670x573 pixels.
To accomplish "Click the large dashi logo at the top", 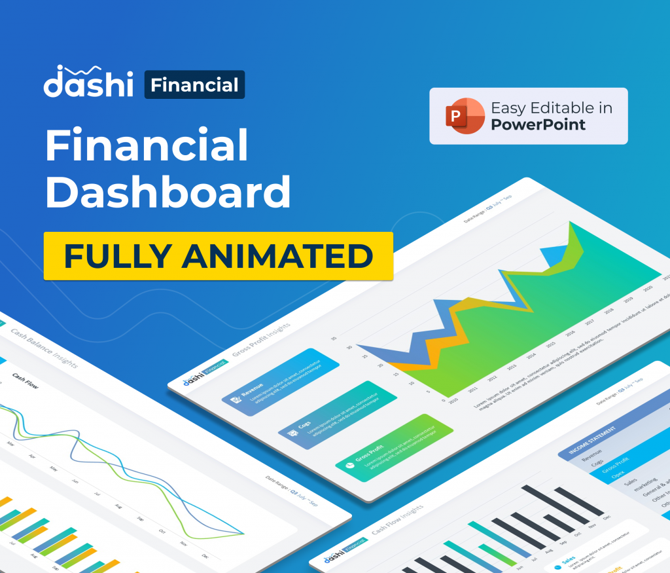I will [88, 83].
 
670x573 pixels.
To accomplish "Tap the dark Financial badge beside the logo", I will [194, 85].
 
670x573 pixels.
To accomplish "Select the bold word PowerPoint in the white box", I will [538, 124].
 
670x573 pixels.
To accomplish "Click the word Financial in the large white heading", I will [147, 146].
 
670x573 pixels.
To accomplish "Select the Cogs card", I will [338, 415].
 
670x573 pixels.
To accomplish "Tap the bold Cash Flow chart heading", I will [26, 381].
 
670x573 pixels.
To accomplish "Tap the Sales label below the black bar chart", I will [568, 561].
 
